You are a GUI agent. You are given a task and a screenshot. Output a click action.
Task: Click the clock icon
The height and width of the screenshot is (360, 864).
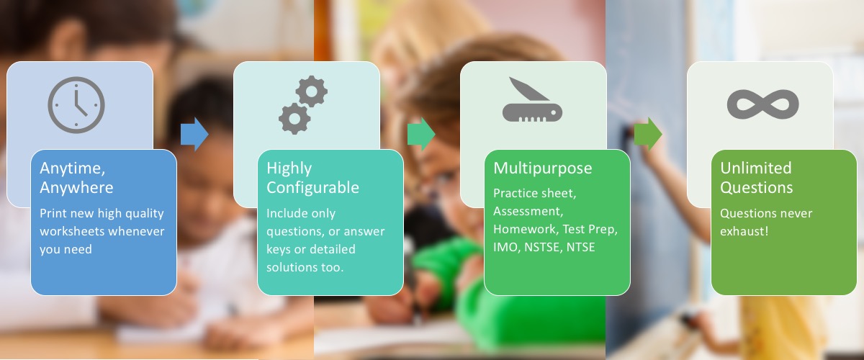pyautogui.click(x=76, y=105)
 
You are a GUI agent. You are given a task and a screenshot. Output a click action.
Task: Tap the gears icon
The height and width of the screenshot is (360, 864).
pyautogui.click(x=303, y=105)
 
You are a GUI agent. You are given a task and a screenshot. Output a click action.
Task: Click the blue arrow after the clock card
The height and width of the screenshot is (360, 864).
pyautogui.click(x=194, y=134)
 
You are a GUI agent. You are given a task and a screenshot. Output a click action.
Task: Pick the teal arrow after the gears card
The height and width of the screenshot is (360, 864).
pyautogui.click(x=420, y=134)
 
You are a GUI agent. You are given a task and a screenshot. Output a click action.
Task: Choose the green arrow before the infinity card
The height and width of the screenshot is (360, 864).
pyautogui.click(x=647, y=134)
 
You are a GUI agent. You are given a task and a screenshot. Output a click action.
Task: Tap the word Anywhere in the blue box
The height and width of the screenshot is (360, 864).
pyautogui.click(x=76, y=188)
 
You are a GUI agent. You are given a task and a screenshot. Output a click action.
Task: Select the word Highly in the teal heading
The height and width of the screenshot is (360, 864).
pyautogui.click(x=289, y=168)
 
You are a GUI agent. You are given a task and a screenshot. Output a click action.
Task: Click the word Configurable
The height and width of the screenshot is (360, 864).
pyautogui.click(x=312, y=188)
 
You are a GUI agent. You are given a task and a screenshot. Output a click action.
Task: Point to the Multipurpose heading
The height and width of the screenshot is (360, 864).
pyautogui.click(x=542, y=168)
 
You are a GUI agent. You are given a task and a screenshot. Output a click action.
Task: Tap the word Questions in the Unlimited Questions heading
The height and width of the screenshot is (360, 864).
pyautogui.click(x=757, y=188)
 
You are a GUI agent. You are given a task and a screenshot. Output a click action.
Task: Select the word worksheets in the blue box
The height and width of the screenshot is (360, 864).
pyautogui.click(x=75, y=231)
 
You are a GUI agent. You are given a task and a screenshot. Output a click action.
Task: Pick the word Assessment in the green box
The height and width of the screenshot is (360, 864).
pyautogui.click(x=527, y=212)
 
